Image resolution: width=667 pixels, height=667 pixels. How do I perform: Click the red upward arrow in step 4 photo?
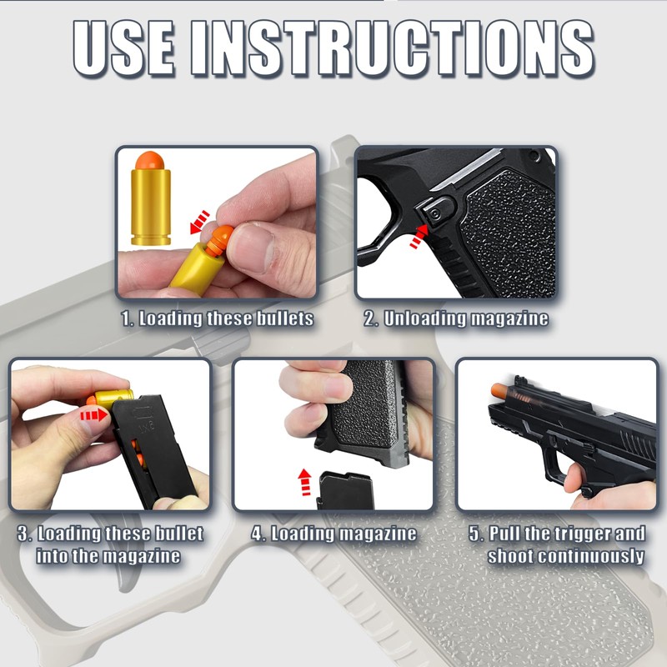[x=305, y=481]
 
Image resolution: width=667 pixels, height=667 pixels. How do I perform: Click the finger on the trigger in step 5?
[x=575, y=479]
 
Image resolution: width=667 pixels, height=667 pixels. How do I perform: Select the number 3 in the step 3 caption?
[x=24, y=534]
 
